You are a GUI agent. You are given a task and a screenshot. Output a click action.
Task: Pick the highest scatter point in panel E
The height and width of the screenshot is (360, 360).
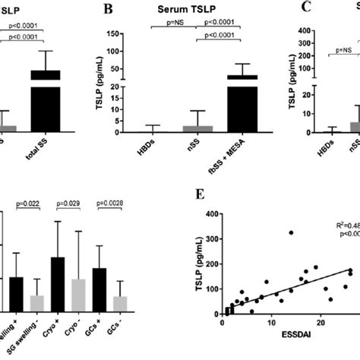[290, 232]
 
